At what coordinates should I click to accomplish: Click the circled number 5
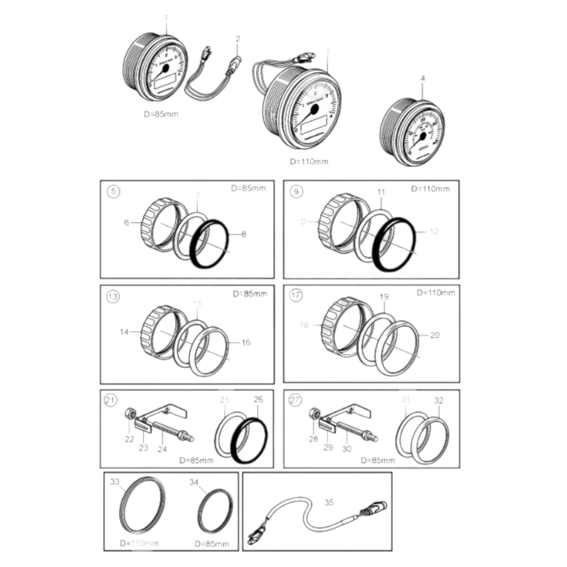point(113,191)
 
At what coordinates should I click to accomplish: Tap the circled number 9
point(296,191)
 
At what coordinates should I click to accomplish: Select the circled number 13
point(113,296)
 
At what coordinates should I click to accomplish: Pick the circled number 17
point(296,295)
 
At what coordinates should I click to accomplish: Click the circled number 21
point(110,400)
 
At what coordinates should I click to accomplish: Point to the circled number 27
point(295,400)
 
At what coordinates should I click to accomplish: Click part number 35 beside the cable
point(329,502)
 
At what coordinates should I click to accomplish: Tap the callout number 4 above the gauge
point(423,78)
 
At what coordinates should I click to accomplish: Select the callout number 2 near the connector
point(238,38)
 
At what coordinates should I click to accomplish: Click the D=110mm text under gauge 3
point(309,161)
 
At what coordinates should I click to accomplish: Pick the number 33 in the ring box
point(115,481)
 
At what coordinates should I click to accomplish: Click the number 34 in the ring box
point(194,482)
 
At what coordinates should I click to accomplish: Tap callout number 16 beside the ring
point(246,343)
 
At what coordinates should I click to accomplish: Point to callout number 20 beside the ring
point(434,335)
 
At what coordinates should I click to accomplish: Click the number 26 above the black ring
point(258,399)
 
